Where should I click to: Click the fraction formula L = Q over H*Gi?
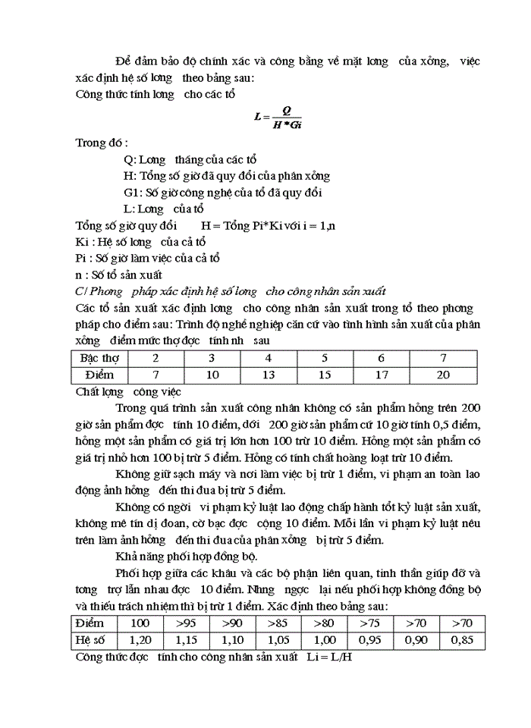pyautogui.click(x=279, y=118)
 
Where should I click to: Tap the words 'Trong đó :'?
pyautogui.click(x=102, y=143)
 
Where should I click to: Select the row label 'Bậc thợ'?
pyautogui.click(x=99, y=358)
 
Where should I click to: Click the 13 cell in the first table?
pyautogui.click(x=268, y=375)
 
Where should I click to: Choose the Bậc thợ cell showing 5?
pyautogui.click(x=325, y=358)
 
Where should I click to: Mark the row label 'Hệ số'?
pyautogui.click(x=92, y=639)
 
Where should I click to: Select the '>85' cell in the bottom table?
pyautogui.click(x=278, y=623)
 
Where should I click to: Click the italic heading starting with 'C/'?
pyautogui.click(x=231, y=291)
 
